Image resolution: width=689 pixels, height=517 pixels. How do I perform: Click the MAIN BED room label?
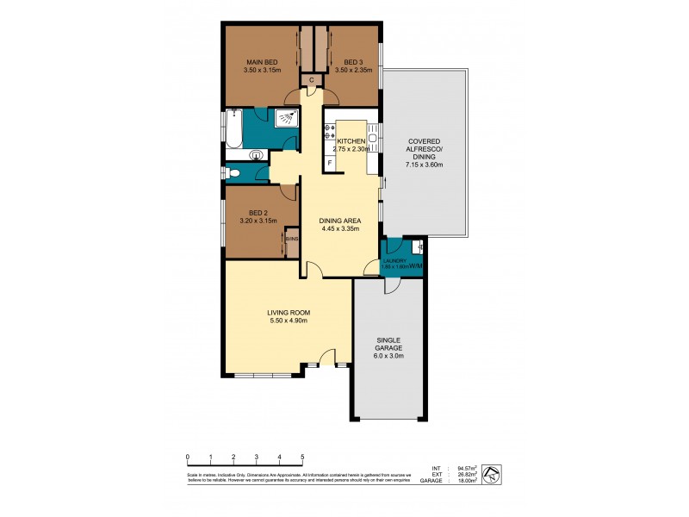[x=261, y=62]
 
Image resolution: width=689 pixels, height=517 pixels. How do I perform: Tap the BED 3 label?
[x=352, y=62]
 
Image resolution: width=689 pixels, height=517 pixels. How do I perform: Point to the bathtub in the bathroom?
[x=233, y=128]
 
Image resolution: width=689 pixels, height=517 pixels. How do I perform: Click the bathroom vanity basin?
[x=255, y=155]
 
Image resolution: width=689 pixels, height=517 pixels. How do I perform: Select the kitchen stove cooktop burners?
[x=329, y=132]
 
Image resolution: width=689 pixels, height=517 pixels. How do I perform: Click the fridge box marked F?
[x=330, y=163]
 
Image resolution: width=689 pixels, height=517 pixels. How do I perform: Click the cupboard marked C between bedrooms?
[x=312, y=80]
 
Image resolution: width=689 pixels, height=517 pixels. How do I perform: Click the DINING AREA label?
[x=341, y=221]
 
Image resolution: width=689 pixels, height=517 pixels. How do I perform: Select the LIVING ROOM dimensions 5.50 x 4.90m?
[x=287, y=321]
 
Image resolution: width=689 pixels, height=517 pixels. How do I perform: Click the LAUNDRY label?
[x=394, y=260]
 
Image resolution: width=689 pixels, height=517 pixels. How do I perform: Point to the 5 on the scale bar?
[x=302, y=458]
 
